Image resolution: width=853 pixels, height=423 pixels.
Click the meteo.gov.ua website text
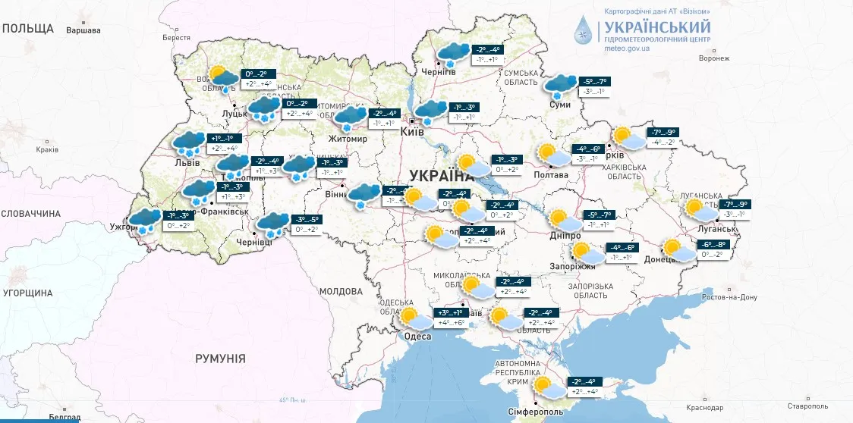click(x=627, y=48)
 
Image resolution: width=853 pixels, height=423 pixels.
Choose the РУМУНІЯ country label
click(x=220, y=359)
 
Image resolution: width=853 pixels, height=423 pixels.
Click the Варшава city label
click(x=83, y=30)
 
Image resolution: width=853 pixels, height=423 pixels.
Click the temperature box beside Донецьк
click(x=713, y=249)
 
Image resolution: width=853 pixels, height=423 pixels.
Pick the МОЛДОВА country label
click(x=341, y=291)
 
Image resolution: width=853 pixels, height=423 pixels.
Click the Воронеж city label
click(x=713, y=58)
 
